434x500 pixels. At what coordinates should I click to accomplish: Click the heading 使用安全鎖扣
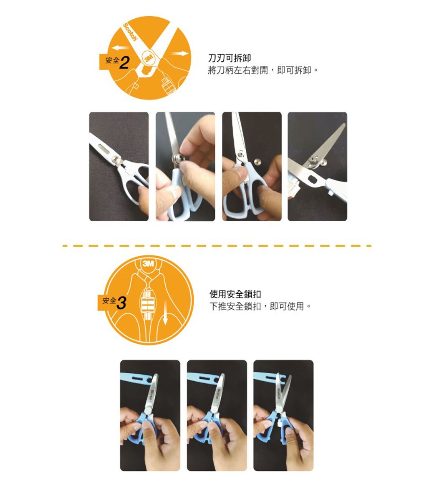tap(235, 295)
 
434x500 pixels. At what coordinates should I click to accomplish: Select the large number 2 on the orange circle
tap(125, 62)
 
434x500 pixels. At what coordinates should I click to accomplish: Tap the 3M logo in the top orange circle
tap(149, 57)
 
